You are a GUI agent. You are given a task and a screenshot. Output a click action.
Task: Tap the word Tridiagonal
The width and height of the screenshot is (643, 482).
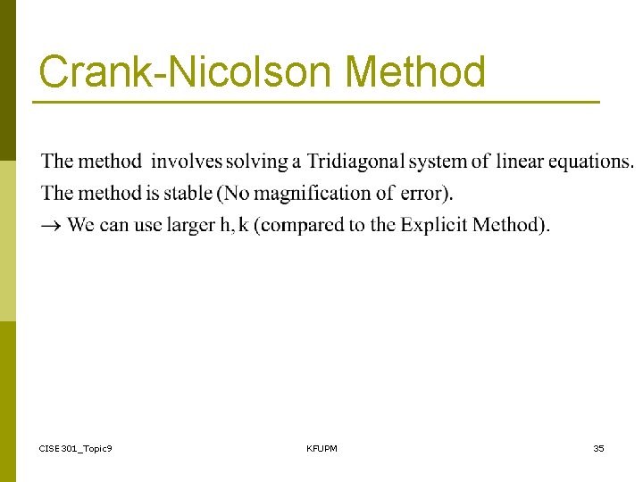[x=355, y=162]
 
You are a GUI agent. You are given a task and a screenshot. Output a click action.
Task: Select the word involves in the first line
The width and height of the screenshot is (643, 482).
[x=186, y=162]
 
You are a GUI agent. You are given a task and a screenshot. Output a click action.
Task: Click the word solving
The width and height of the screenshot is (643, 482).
[x=257, y=162]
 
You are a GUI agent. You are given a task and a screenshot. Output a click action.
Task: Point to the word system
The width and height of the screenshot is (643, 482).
[x=438, y=162]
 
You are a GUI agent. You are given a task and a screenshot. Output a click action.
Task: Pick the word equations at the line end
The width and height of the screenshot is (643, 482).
[x=590, y=162]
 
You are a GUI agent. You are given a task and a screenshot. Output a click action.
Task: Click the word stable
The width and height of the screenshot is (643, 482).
[x=187, y=193]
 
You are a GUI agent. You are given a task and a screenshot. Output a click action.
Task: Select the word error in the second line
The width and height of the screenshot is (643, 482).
[x=424, y=193]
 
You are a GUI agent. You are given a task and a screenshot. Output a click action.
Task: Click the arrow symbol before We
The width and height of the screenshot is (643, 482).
[x=52, y=225]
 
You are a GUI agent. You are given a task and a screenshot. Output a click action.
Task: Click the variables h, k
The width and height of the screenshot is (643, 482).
[x=233, y=225]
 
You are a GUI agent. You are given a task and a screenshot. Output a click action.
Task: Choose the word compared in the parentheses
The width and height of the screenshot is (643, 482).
[x=301, y=225]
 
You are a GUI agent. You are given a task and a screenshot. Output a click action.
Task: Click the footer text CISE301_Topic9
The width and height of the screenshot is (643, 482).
[x=76, y=448]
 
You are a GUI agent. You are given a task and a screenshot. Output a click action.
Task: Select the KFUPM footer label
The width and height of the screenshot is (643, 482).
[x=321, y=448]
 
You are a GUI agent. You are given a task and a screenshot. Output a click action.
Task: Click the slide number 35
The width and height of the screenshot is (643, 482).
[x=598, y=448]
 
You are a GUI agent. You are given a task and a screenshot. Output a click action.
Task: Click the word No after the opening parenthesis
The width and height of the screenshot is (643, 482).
[x=237, y=193]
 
